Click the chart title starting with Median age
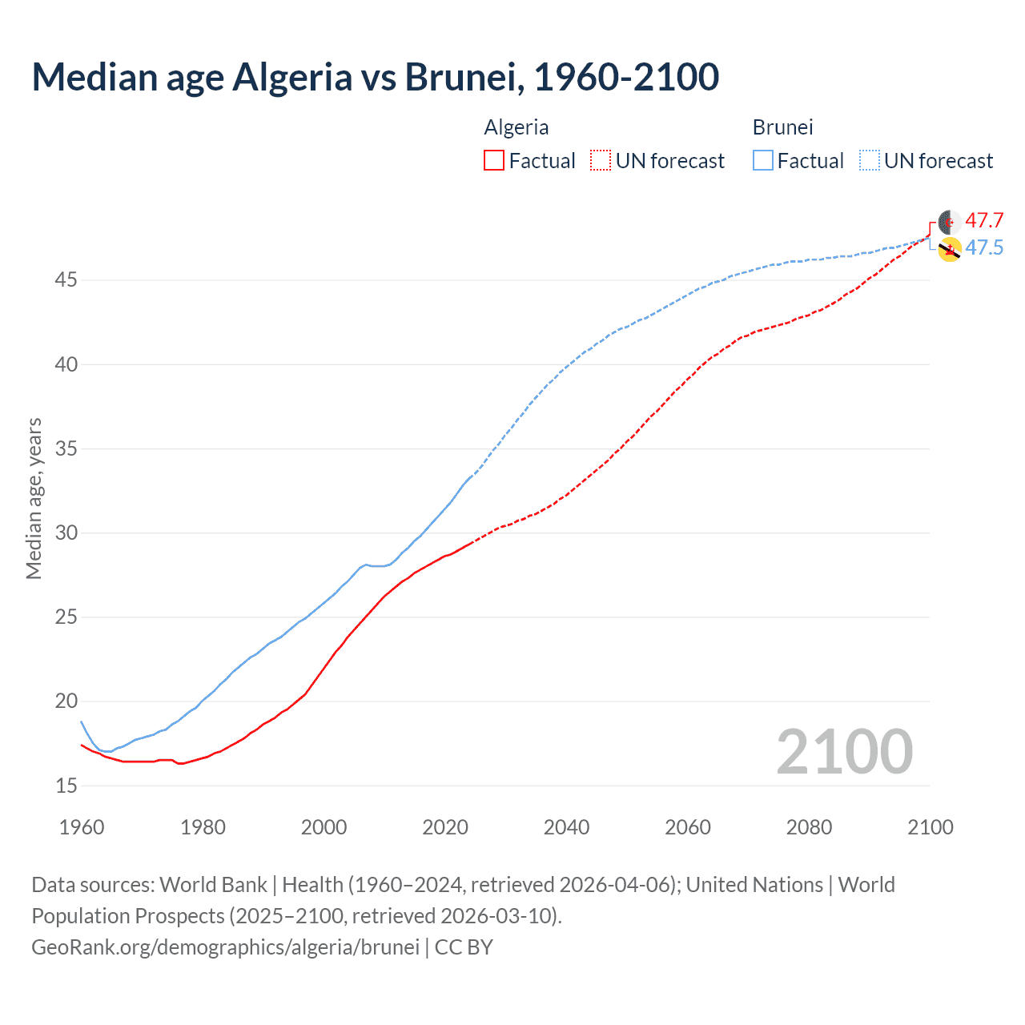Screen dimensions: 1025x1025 (375, 77)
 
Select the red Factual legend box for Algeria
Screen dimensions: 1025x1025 (493, 161)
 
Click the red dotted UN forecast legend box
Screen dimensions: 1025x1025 (601, 161)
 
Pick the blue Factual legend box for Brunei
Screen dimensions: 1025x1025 (762, 161)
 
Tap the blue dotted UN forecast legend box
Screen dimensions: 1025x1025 (869, 161)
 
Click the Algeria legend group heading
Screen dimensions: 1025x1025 (516, 127)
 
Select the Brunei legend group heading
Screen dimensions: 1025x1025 (782, 127)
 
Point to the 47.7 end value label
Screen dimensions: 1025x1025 (983, 221)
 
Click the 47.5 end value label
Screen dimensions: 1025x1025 (983, 248)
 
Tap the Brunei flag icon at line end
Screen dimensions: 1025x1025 (950, 249)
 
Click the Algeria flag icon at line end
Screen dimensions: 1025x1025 (950, 223)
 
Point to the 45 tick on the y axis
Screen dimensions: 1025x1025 (66, 280)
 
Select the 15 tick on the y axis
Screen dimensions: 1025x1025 (66, 786)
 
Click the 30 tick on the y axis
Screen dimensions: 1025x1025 (66, 533)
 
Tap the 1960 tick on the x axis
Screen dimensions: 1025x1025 (82, 827)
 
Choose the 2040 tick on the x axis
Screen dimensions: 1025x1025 (566, 827)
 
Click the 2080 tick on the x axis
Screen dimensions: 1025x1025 (809, 827)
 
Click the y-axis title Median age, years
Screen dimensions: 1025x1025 (34, 498)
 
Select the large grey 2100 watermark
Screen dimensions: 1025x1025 (844, 752)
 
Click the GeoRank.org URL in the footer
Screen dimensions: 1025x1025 (225, 947)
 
